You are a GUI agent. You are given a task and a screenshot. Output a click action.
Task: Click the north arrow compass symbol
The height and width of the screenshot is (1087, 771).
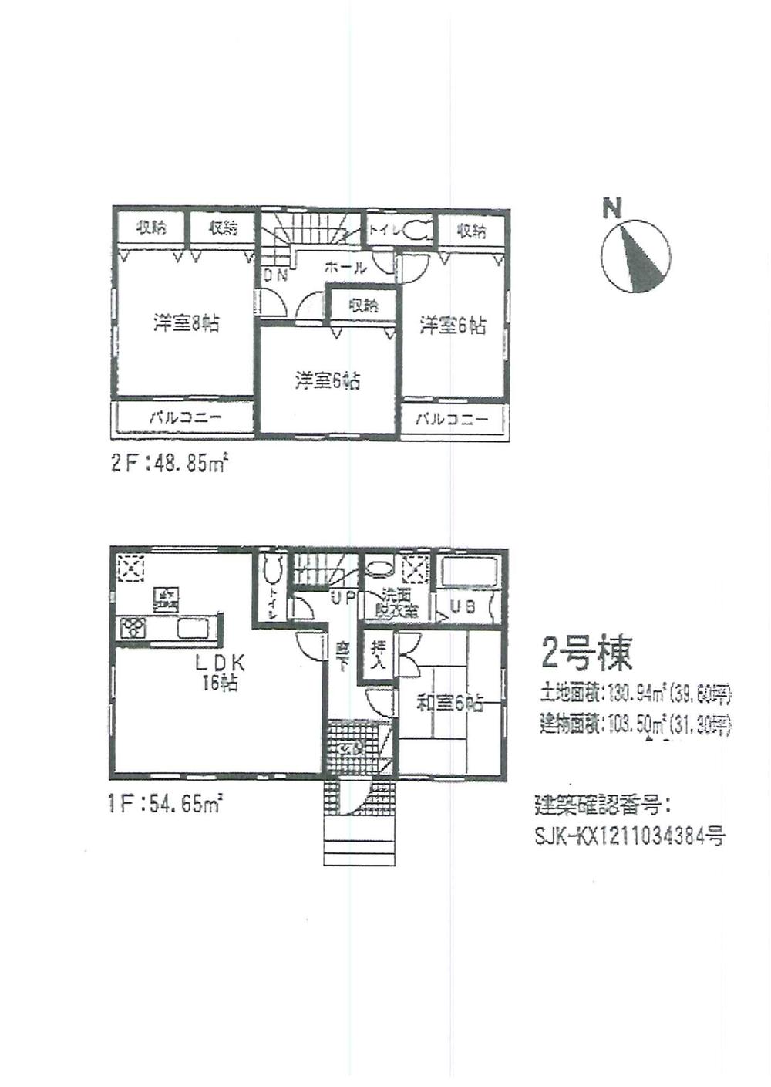[x=636, y=257]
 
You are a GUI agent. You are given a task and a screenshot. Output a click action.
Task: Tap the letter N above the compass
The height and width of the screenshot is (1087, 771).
[x=612, y=208]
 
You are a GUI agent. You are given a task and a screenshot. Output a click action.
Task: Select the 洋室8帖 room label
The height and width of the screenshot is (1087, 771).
[x=186, y=323]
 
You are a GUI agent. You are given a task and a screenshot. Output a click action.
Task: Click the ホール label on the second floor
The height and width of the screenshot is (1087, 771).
[x=345, y=268]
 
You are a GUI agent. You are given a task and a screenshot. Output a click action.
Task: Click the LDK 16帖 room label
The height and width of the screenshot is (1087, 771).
[x=219, y=671]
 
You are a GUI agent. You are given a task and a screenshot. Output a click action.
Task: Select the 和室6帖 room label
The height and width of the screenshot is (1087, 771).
[x=449, y=703]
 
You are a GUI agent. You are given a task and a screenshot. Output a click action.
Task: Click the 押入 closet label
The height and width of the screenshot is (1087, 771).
[x=378, y=653]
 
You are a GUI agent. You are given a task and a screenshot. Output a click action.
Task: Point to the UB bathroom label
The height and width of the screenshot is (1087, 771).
[x=463, y=607]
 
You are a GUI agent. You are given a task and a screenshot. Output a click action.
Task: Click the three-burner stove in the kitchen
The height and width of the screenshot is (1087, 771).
[x=133, y=627]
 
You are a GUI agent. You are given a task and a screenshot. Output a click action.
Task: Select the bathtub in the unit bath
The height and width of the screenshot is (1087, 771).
[x=470, y=574]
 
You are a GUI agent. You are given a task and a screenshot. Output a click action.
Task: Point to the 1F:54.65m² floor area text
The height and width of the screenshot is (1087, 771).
[x=166, y=805]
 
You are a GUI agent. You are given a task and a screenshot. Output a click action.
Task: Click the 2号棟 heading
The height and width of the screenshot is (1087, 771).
[x=587, y=654]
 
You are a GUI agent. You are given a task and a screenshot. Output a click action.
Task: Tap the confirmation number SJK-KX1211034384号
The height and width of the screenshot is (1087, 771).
[x=629, y=836]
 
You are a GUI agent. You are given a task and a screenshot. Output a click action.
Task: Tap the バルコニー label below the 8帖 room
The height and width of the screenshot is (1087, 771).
[x=185, y=418]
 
